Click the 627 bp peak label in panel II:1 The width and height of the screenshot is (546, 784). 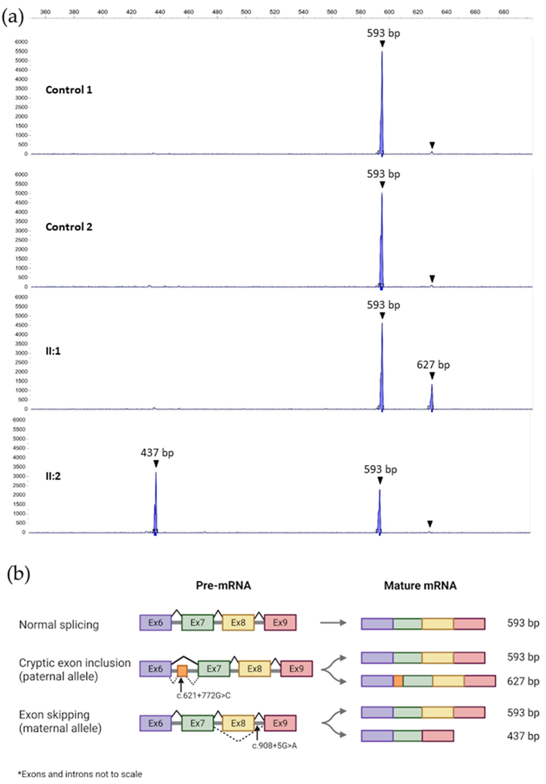[433, 365]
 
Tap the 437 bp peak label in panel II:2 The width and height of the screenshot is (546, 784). [157, 453]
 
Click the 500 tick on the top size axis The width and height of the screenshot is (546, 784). [246, 12]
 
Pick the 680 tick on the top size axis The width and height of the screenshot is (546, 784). [504, 12]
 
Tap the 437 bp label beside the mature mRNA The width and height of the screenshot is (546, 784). [523, 736]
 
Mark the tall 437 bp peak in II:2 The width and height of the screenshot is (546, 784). [156, 502]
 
